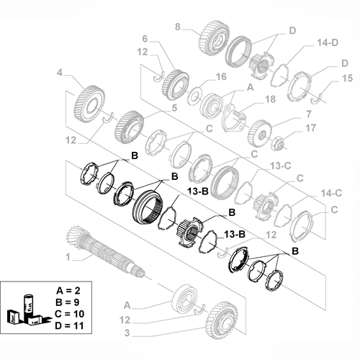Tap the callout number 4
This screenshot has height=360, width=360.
[x=61, y=71]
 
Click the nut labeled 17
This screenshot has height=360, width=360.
[x=278, y=136]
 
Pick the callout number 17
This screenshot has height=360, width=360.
[x=311, y=129]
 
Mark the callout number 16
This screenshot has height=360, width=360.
[x=220, y=76]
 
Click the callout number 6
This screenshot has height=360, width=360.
[x=144, y=38]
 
